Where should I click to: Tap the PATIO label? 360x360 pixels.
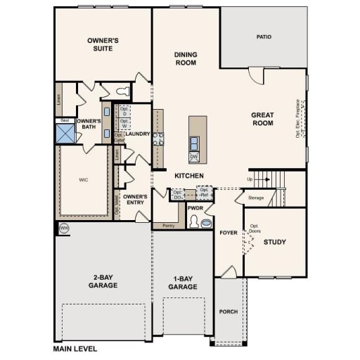pos(264,37)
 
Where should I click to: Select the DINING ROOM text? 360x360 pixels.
pos(186,58)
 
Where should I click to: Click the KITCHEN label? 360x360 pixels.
pos(189,175)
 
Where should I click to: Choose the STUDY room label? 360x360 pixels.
pos(274,243)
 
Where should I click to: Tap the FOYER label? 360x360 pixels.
pos(228,232)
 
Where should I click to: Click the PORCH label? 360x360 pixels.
pos(228,311)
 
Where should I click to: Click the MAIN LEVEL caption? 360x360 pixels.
pos(75,348)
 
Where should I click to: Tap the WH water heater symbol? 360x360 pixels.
pos(63,228)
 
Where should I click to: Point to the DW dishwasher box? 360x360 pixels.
pos(193,156)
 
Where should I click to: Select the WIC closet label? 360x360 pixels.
pos(83,179)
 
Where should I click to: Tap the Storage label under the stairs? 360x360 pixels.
pos(256,198)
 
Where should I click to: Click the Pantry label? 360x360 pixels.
pos(167,226)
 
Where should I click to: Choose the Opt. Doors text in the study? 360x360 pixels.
pos(255,229)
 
